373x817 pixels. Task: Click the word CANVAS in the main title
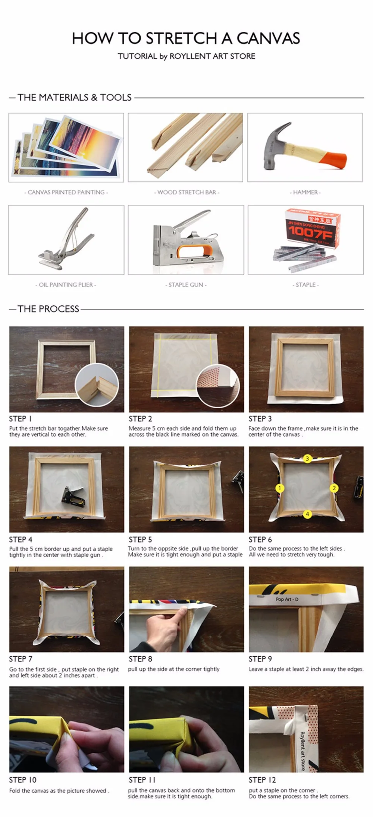tap(268, 38)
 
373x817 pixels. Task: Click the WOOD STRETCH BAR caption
tap(186, 192)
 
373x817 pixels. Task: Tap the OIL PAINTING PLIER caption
tap(66, 285)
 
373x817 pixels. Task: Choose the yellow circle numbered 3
tap(307, 458)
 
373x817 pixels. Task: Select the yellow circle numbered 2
tap(334, 488)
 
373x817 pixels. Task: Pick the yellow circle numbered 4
tap(307, 514)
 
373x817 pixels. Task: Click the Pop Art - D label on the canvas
tap(287, 599)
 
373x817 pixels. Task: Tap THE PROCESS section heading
tap(48, 309)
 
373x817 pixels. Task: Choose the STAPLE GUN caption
tap(186, 285)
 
